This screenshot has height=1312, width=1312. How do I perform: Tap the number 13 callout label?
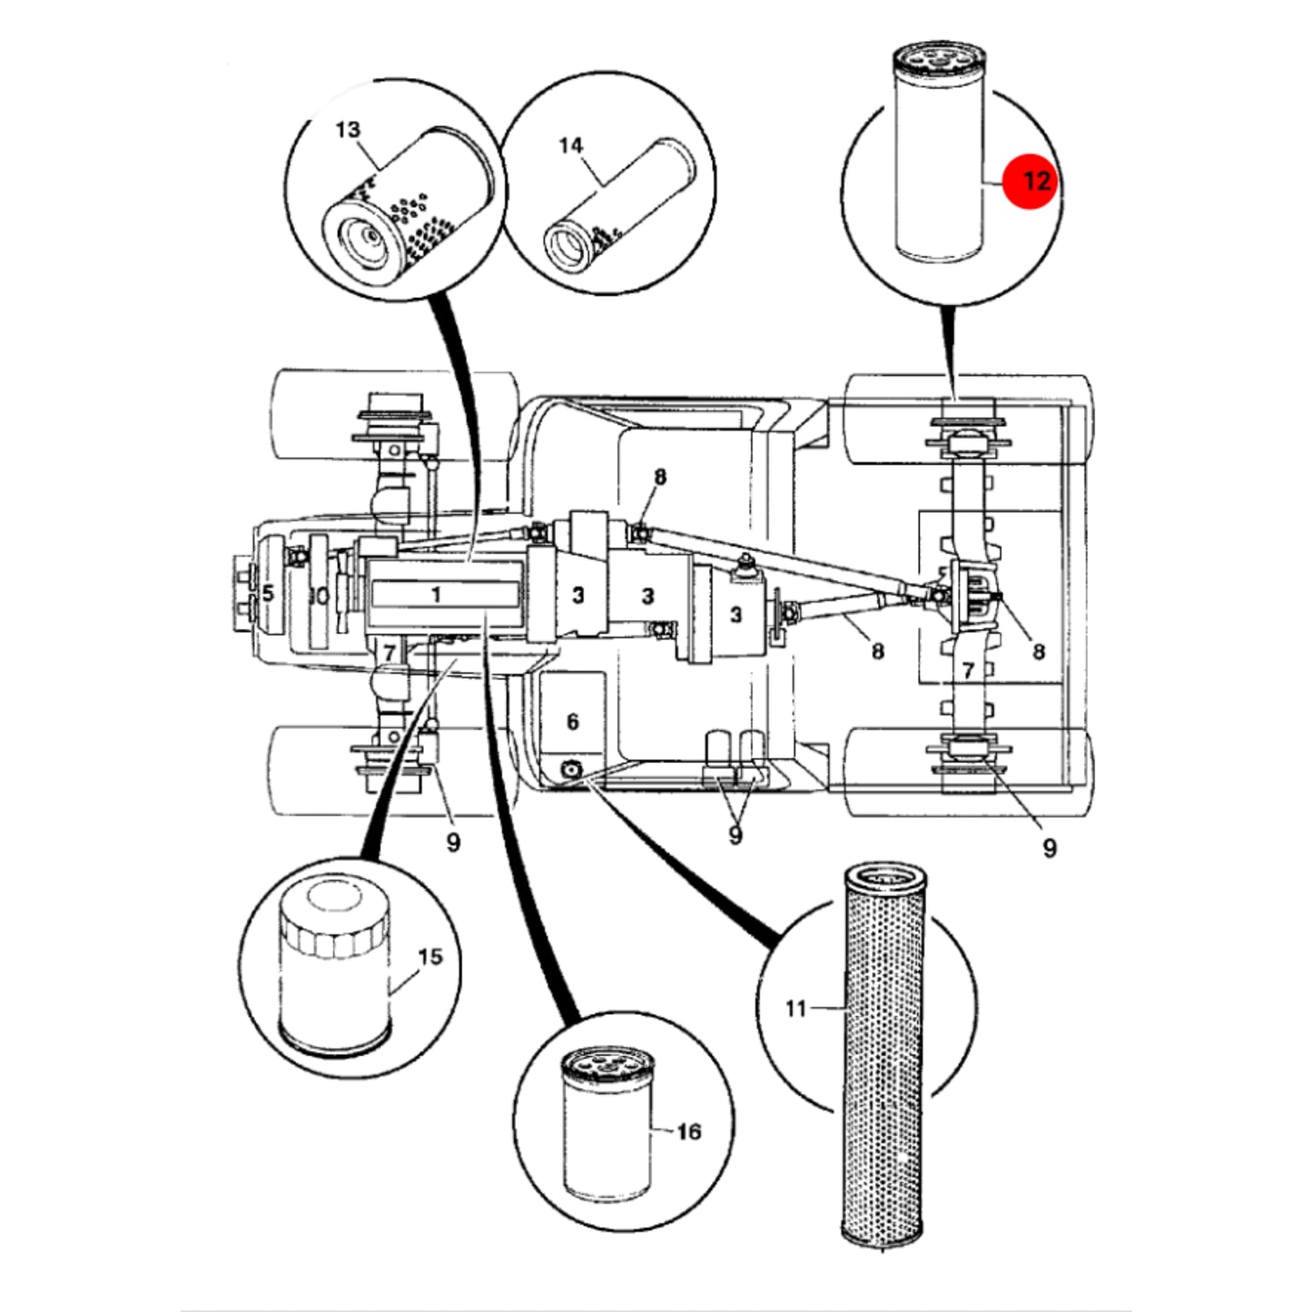click(348, 129)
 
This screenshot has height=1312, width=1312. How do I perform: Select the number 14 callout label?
click(571, 145)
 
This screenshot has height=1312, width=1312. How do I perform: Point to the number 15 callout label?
click(430, 957)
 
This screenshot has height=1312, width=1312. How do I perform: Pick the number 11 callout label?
click(796, 1009)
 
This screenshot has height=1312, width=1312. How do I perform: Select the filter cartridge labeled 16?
click(607, 1124)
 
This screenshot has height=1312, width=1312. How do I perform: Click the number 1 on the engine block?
click(437, 595)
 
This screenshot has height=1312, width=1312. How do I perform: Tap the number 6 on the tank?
click(573, 722)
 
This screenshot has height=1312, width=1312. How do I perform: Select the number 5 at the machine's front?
click(268, 592)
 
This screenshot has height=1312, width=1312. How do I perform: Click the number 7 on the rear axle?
click(968, 671)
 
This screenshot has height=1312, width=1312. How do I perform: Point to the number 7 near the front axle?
click(388, 653)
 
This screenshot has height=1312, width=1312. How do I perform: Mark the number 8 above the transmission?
click(660, 478)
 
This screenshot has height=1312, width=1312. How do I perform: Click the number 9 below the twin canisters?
click(735, 834)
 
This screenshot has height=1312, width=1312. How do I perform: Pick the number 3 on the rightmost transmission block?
click(735, 615)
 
